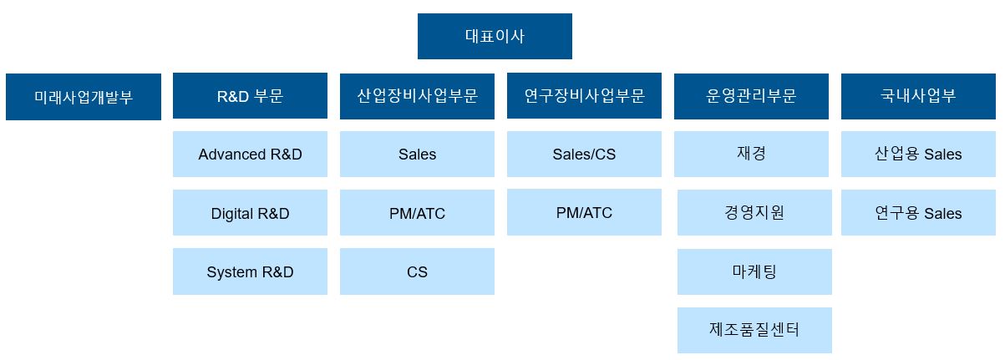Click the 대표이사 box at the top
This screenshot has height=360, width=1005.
pyautogui.click(x=495, y=36)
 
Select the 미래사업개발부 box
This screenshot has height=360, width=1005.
pyautogui.click(x=84, y=97)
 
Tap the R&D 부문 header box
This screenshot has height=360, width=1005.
pyautogui.click(x=250, y=95)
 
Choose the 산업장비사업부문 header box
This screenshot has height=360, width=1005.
pyautogui.click(x=417, y=95)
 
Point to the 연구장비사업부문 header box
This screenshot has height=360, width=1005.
pyautogui.click(x=584, y=95)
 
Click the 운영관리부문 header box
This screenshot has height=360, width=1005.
pyautogui.click(x=751, y=96)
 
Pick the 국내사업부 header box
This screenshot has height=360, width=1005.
pyautogui.click(x=918, y=96)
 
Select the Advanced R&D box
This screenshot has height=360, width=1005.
pyautogui.click(x=250, y=154)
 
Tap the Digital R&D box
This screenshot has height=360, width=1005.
pyautogui.click(x=250, y=213)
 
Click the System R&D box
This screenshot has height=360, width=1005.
pyautogui.click(x=250, y=271)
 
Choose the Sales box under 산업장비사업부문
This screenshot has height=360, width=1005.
pyautogui.click(x=417, y=154)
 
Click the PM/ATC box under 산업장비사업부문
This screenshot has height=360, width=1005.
pyautogui.click(x=417, y=213)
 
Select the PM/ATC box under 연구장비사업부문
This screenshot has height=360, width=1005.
pyautogui.click(x=584, y=212)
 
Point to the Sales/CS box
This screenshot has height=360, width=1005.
pyautogui.click(x=584, y=154)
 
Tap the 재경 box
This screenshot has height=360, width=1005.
pyautogui.click(x=751, y=154)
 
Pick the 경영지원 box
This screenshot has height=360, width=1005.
pyautogui.click(x=754, y=212)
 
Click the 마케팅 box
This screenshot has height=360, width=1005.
pyautogui.click(x=754, y=271)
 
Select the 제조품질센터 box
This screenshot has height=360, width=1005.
pyautogui.click(x=754, y=330)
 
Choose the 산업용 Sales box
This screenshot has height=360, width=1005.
pyautogui.click(x=918, y=154)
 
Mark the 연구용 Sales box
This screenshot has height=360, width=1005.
pyautogui.click(x=918, y=213)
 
